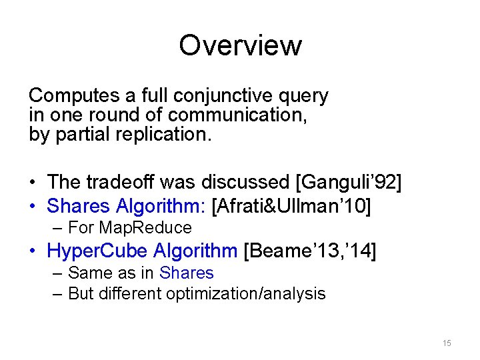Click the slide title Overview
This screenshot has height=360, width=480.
point(240,45)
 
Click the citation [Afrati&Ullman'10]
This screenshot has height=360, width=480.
point(291,206)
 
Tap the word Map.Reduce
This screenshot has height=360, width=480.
point(145,228)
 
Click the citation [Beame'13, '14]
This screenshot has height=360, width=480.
point(310,251)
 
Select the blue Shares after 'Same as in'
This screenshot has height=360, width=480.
point(187,273)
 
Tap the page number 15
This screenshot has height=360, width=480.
point(446,343)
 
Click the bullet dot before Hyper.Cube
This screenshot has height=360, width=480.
point(33,251)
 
